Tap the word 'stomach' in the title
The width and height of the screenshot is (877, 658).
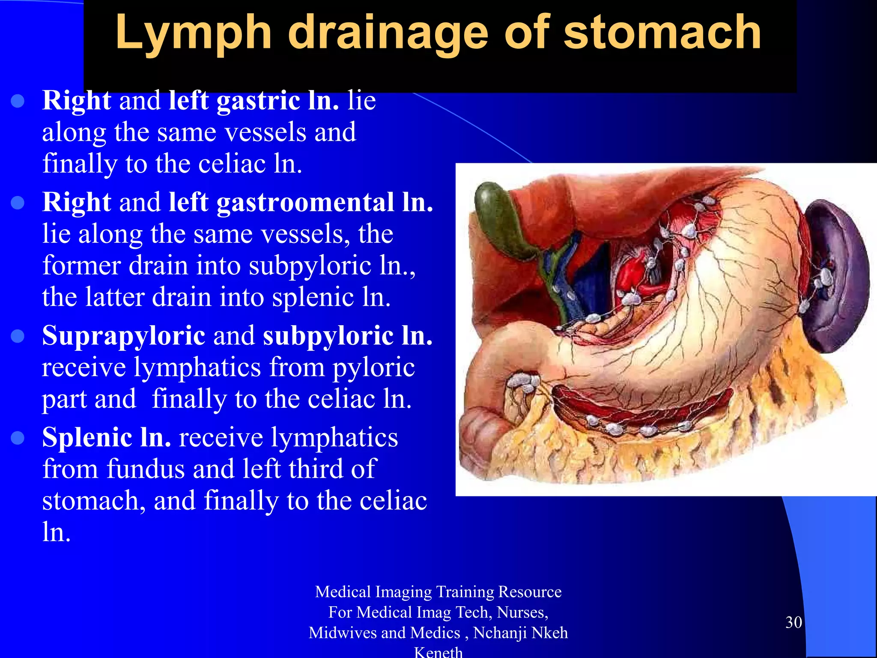coord(662,32)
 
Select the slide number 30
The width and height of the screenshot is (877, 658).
coord(793,622)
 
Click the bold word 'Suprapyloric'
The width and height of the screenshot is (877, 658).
coord(124,335)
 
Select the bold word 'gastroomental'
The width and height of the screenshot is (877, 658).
coord(305,202)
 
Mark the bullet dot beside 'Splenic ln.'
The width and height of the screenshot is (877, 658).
coord(18,438)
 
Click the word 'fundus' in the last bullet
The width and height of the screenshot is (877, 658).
coord(146,469)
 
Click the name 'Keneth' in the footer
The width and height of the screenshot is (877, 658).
coord(438,652)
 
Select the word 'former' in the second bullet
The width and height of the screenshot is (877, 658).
coord(82,265)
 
